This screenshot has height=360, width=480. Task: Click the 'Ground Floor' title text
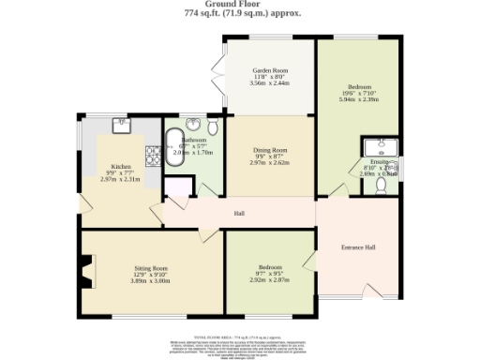click(241, 5)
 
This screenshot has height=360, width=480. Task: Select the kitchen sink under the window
click(122, 123)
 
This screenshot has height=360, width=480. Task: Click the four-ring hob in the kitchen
click(151, 150)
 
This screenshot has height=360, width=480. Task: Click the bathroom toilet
click(213, 127)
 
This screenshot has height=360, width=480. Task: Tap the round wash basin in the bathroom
click(193, 123)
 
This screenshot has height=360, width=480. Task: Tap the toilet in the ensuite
click(382, 185)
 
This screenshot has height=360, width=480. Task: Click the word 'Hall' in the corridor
click(240, 214)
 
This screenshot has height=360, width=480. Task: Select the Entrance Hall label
click(358, 247)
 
